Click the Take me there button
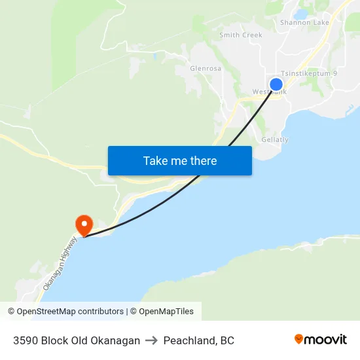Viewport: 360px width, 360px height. click(180, 160)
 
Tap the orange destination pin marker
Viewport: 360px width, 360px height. click(84, 225)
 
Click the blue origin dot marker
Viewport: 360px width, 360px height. click(276, 84)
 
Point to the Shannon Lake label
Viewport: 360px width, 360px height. click(304, 23)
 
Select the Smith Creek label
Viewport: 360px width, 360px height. click(241, 35)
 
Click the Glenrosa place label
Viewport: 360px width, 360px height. click(206, 68)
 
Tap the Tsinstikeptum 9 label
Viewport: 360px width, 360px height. click(308, 74)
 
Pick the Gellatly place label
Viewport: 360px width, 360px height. click(275, 140)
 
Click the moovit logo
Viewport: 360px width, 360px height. click(320, 340)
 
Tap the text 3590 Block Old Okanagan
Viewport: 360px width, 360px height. click(77, 340)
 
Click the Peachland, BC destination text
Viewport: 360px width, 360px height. click(199, 340)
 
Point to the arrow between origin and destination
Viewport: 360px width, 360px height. click(152, 340)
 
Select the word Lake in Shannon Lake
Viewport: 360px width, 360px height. click(321, 23)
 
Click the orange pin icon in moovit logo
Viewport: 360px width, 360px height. click(299, 339)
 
